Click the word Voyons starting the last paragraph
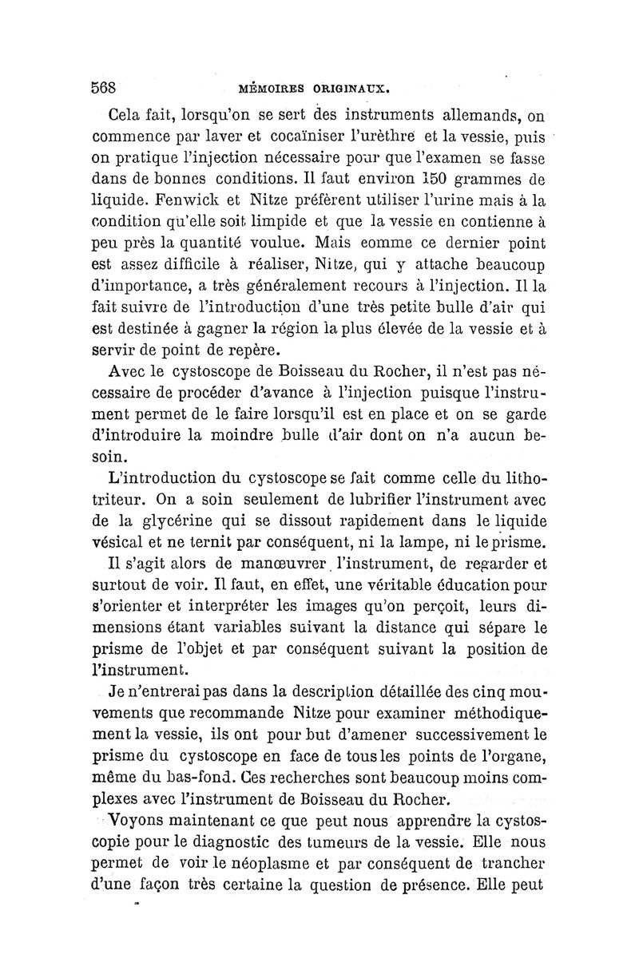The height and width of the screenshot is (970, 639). [141, 819]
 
